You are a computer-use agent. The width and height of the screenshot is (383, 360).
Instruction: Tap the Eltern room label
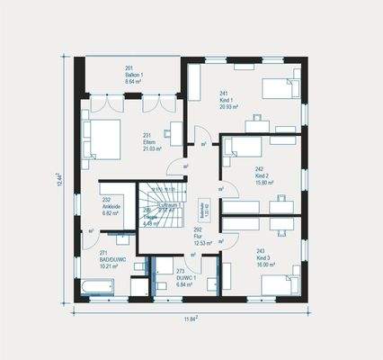147,140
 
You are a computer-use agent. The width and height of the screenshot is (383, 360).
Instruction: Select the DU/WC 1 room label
186,277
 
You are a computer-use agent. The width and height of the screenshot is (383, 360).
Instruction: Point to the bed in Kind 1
275,88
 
